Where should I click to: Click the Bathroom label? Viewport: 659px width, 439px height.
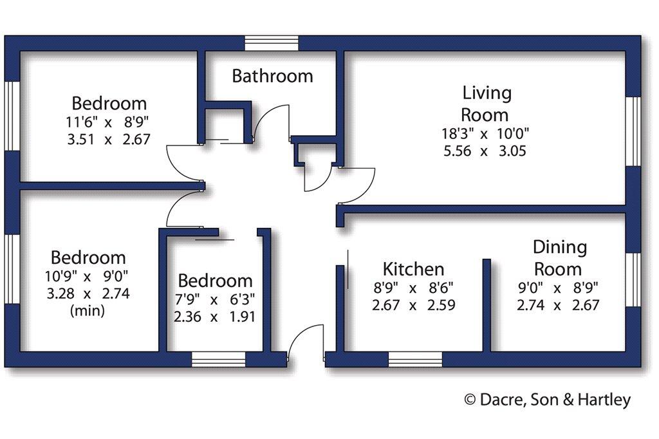coord(272,76)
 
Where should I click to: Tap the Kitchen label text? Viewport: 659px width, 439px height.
coord(414,269)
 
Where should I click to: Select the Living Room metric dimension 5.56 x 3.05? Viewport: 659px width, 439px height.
coord(485,151)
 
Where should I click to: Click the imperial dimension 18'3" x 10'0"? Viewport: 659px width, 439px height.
coord(485,133)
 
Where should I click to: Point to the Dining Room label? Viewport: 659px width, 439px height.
coord(559,257)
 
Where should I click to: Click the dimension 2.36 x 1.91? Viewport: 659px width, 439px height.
coord(214,316)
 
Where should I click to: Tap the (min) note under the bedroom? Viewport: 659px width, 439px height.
coord(88,310)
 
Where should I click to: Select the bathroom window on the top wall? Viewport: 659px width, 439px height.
coord(272,43)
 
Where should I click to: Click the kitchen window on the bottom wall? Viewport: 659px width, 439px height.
coord(415,360)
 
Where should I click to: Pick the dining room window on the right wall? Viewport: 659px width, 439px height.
coord(633,279)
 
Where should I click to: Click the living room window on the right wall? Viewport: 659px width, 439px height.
coord(633,131)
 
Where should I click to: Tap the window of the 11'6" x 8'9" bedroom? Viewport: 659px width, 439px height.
coord(12,116)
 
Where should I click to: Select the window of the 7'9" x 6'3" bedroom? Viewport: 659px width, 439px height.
coord(219,360)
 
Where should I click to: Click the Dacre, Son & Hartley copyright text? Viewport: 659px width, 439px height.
coord(548,400)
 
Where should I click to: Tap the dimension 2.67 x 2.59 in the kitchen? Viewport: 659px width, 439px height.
coord(414,305)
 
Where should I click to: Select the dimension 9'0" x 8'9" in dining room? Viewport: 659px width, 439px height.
coord(558,288)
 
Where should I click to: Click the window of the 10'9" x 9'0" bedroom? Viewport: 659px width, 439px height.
coord(12,268)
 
